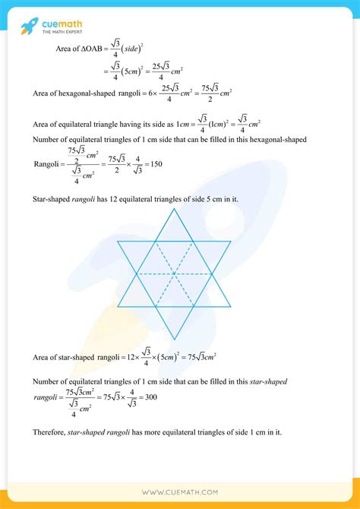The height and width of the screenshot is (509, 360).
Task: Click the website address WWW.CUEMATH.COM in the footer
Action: point(180,492)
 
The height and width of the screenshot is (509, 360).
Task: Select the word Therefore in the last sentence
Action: point(51,432)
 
